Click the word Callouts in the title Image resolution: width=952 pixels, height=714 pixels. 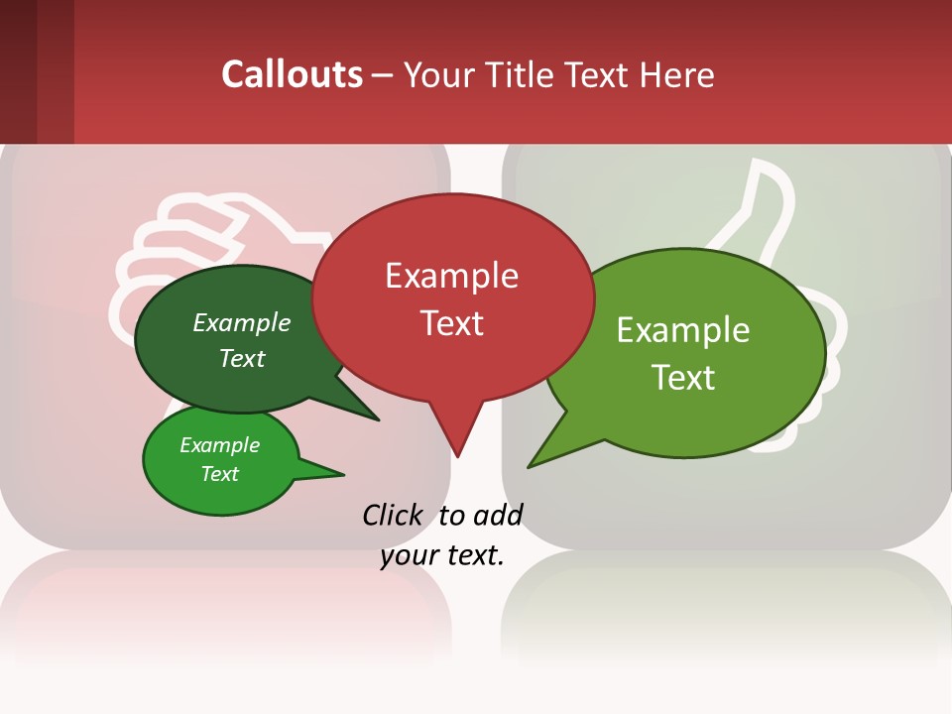coord(292,74)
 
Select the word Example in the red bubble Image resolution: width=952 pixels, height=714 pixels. coord(451,276)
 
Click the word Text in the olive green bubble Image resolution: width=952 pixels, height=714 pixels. coord(683,378)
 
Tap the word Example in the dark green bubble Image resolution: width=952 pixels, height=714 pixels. coord(242,323)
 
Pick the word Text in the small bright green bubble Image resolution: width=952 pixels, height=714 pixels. coord(219,474)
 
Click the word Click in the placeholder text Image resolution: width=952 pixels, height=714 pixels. coord(393,515)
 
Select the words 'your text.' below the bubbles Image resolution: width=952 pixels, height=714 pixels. coord(442,555)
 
